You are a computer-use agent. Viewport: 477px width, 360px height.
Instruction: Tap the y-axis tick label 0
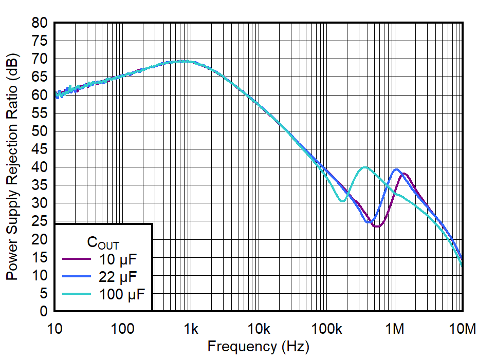pos(45,312)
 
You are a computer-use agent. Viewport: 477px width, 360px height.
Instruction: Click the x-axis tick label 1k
pos(191,328)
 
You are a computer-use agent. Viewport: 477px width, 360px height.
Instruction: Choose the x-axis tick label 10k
pos(258,328)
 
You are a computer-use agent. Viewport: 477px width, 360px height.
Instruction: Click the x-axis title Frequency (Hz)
pos(258,347)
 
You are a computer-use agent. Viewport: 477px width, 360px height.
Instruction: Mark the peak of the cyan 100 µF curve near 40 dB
pos(365,167)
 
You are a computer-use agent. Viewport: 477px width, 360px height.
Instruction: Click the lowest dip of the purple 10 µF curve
pos(377,226)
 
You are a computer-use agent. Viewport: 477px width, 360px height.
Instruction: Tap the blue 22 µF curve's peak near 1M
pos(396,169)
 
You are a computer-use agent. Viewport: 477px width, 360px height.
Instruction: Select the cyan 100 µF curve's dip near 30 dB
pos(342,201)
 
